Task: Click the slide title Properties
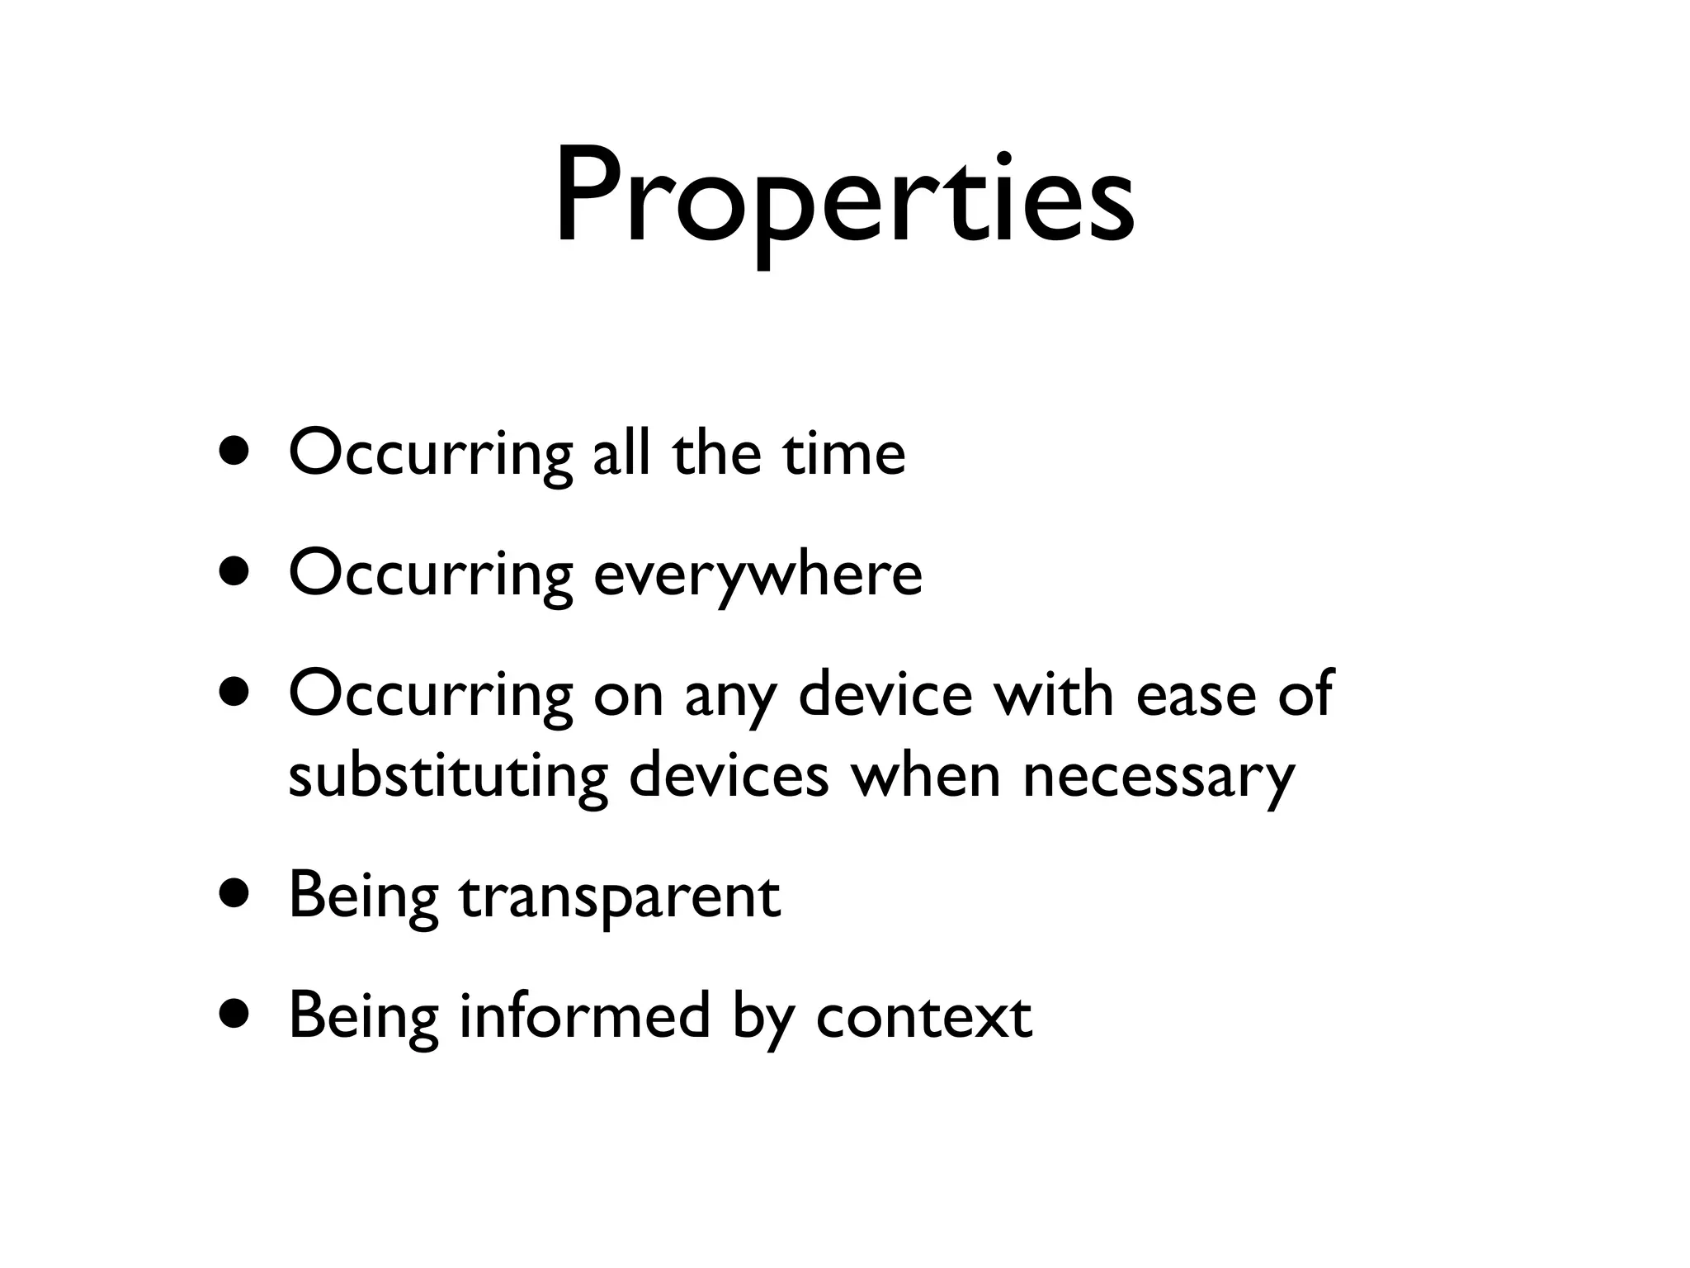(844, 198)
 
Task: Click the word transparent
(619, 897)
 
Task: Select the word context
(923, 1017)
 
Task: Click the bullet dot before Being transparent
(234, 897)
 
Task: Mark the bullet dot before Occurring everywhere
(234, 573)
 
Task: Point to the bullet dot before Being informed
(234, 1016)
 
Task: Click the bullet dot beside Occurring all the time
(234, 453)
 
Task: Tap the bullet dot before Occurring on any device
(234, 693)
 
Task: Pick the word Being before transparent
(362, 897)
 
